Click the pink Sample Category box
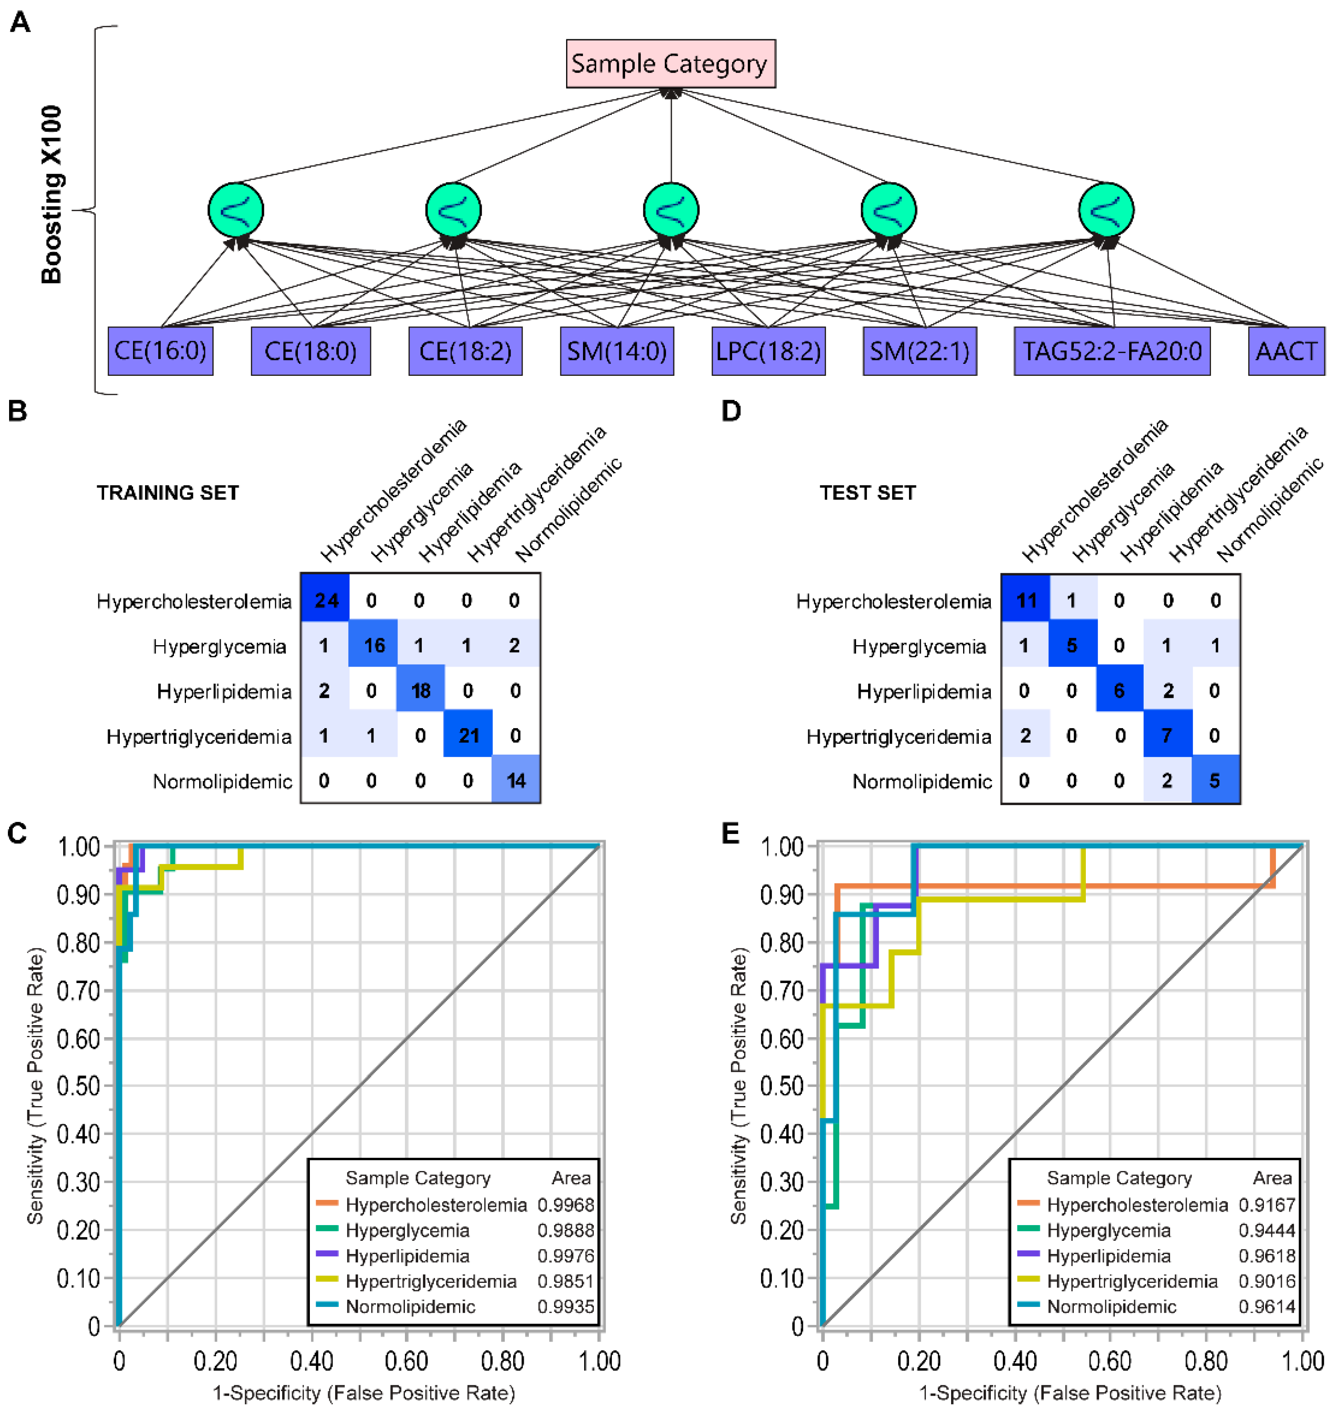pyautogui.click(x=670, y=64)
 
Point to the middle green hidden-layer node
pyautogui.click(x=670, y=210)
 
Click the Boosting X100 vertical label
pyautogui.click(x=51, y=195)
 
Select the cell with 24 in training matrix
pyautogui.click(x=325, y=601)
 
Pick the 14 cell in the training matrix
pyautogui.click(x=515, y=780)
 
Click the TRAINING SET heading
pyautogui.click(x=168, y=493)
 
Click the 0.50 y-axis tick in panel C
pyautogui.click(x=78, y=1086)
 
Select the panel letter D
pyautogui.click(x=731, y=411)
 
